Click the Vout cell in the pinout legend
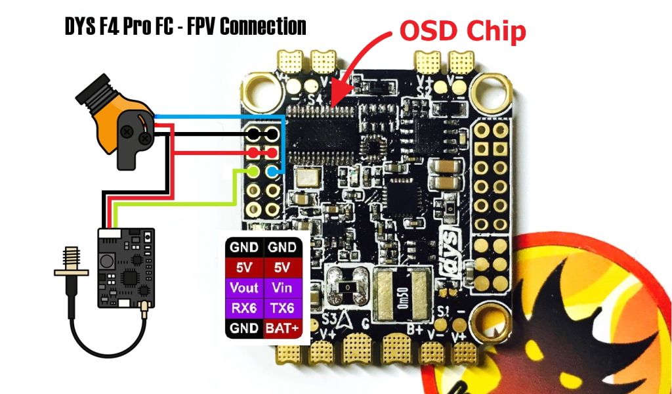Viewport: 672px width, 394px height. pos(244,288)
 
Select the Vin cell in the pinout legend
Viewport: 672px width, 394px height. pos(284,288)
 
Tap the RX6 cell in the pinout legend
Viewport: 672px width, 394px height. pos(244,308)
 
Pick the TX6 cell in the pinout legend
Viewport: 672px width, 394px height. pos(284,308)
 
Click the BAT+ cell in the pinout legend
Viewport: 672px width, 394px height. pos(284,328)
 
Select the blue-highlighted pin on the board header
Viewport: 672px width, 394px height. pos(274,172)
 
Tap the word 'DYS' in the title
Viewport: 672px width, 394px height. pos(79,26)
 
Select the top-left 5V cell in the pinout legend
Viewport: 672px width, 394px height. pos(244,267)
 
